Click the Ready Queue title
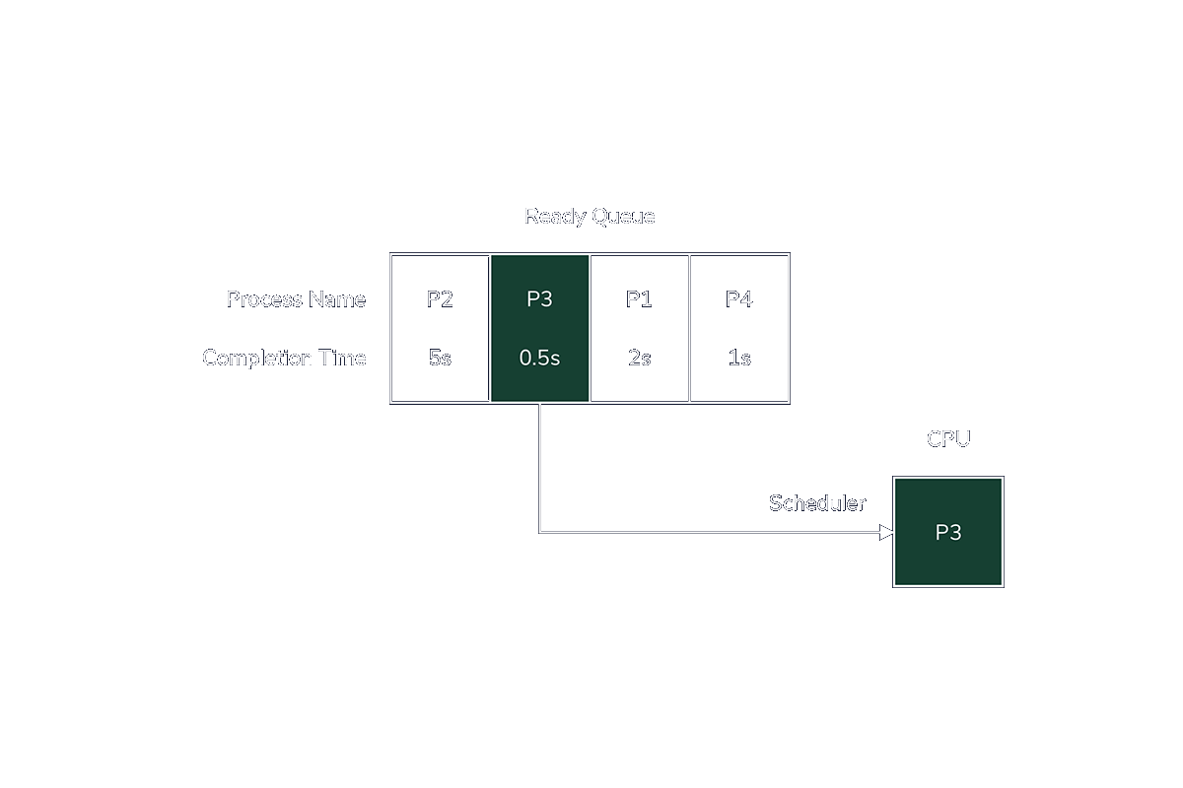pos(589,217)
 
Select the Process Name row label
pos(296,299)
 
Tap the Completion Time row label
pos(284,359)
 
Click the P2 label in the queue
pos(440,299)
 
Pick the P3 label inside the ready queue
pos(539,299)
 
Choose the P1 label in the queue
pos(639,299)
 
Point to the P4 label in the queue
pos(738,299)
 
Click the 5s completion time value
pos(440,359)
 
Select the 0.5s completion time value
pos(539,359)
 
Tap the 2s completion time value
pos(639,359)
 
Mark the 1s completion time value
pos(739,359)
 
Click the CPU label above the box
pos(948,439)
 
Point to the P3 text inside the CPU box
pos(948,533)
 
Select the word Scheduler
pos(816,503)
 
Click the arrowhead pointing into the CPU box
pos(886,533)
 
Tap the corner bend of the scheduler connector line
pos(539,533)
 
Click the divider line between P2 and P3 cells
pos(490,328)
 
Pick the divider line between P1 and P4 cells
pos(689,328)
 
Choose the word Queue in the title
pos(622,217)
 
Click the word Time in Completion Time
pos(342,359)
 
